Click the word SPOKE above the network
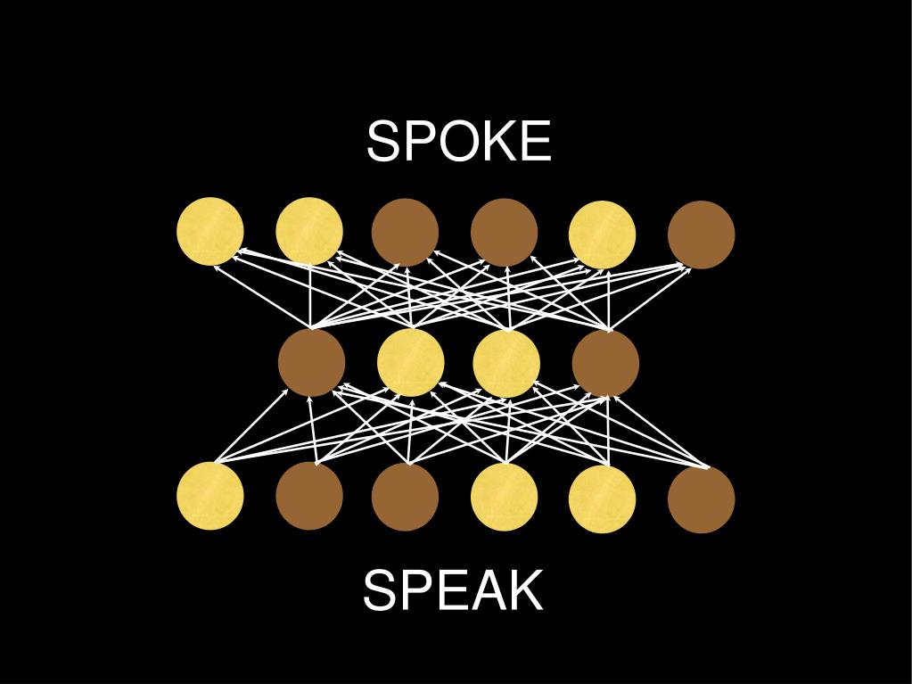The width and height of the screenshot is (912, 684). click(459, 142)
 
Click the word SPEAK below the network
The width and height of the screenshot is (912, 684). click(453, 590)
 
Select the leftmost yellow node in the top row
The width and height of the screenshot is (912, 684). click(210, 232)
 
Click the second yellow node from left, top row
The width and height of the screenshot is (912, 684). click(309, 232)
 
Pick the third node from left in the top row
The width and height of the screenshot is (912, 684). click(406, 233)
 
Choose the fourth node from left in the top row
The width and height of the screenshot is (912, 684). click(505, 233)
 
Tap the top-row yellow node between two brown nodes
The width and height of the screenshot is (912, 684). click(603, 235)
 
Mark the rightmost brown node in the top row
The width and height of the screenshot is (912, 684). click(702, 235)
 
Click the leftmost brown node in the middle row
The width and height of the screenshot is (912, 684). click(312, 363)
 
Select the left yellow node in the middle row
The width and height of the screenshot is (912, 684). click(411, 363)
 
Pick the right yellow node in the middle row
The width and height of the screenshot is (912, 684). click(506, 364)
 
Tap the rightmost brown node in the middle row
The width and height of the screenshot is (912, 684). click(605, 364)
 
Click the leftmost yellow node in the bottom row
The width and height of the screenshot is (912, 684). click(210, 496)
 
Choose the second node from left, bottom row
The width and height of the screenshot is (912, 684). click(309, 496)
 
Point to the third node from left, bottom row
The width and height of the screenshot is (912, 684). click(406, 497)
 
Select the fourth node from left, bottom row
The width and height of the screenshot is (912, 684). click(505, 497)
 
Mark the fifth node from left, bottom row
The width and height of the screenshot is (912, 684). click(603, 499)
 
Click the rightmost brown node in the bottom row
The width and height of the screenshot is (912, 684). click(702, 499)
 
